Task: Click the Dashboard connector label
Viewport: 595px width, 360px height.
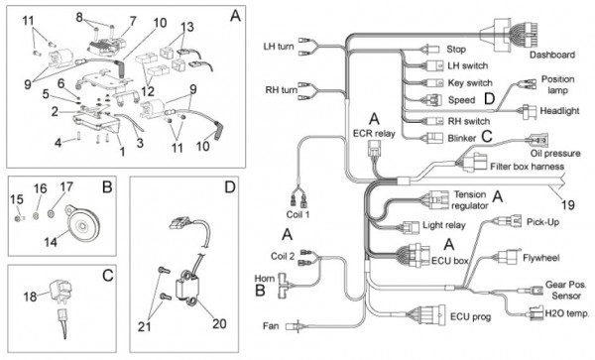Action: [552, 55]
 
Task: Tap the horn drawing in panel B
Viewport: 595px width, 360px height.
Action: [82, 225]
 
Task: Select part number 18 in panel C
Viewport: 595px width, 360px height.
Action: [31, 297]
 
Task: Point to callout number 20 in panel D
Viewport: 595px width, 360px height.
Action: [219, 323]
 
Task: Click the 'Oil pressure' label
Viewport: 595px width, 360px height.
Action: [555, 154]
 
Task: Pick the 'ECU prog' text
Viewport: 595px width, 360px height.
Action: [470, 316]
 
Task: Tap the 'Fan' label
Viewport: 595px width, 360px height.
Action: [271, 325]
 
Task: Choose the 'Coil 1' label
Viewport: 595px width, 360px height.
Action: [297, 214]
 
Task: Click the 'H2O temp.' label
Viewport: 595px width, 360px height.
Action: [567, 313]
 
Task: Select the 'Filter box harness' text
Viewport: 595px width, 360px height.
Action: [528, 167]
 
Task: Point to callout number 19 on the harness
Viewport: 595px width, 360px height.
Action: [567, 205]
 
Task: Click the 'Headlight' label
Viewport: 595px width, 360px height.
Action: [559, 111]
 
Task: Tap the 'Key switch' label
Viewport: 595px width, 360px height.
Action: [470, 83]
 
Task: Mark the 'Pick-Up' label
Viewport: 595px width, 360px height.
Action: [543, 222]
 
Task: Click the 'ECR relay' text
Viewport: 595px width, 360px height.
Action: [374, 134]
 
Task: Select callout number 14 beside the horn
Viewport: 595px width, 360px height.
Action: [51, 242]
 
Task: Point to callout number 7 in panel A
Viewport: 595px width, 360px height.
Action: [133, 21]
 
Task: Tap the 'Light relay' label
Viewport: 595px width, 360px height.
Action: [444, 225]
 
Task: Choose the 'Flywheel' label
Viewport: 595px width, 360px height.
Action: [541, 258]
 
